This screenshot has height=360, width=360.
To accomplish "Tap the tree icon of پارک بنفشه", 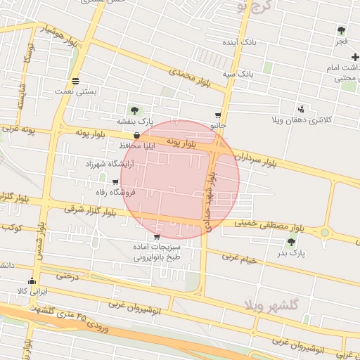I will [x=134, y=110].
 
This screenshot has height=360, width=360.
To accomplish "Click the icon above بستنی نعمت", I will [x=76, y=79].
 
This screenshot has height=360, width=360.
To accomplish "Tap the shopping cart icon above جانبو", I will [x=218, y=115].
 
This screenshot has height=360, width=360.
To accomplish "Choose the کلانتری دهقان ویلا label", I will [x=301, y=121].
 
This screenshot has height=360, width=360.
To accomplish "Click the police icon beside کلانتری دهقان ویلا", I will [x=302, y=108].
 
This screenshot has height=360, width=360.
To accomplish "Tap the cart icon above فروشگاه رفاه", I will [x=115, y=181].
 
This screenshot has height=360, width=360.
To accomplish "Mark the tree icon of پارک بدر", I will [x=291, y=242].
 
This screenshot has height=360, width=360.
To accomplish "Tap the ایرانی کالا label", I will [x=32, y=290].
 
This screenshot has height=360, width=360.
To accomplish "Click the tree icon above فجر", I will [x=341, y=30].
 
